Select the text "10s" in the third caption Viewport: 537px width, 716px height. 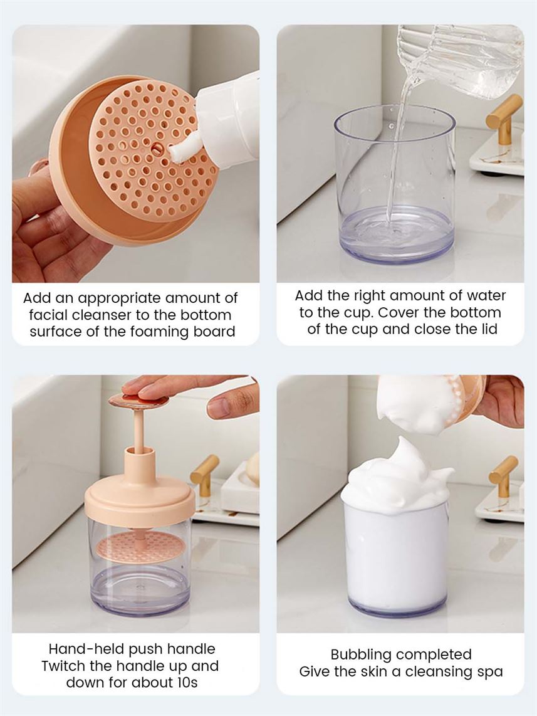pos(187,682)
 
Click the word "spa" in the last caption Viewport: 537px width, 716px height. pos(490,672)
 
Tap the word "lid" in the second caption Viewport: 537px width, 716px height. pos(488,329)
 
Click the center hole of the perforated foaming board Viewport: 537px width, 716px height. pos(156,147)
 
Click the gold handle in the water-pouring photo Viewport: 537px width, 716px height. pos(505,120)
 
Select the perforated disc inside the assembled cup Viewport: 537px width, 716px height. pos(140,545)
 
